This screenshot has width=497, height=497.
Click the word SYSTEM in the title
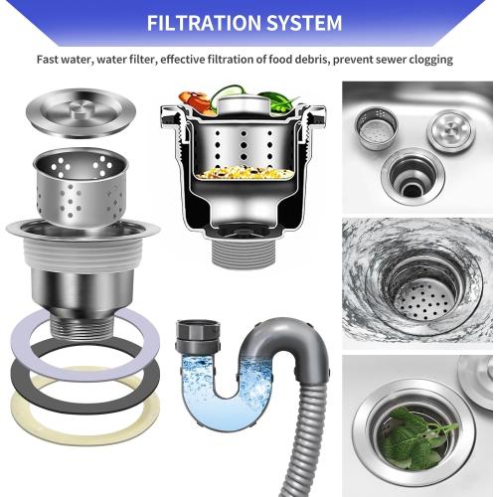pos(304,22)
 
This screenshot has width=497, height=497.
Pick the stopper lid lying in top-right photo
pos(446,130)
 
